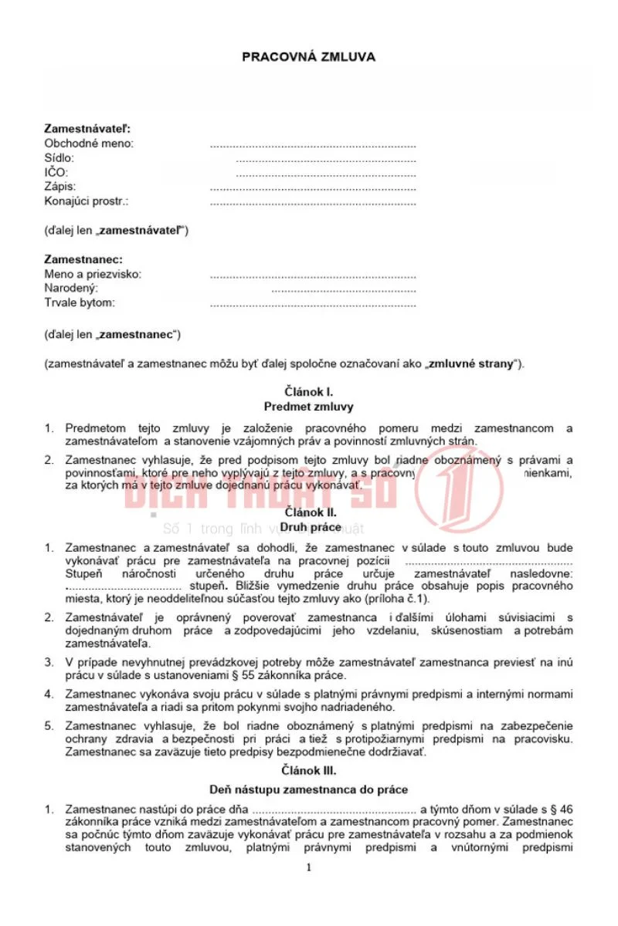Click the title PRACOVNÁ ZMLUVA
[x=308, y=56]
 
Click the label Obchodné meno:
[x=89, y=143]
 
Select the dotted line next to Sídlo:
[x=325, y=158]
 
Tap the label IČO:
[x=56, y=172]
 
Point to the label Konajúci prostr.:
[x=87, y=201]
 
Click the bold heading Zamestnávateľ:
[x=87, y=128]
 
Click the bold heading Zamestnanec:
[x=83, y=259]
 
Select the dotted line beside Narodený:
[x=344, y=289]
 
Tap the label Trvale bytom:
[x=80, y=302]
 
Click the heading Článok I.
[x=308, y=392]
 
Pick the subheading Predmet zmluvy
[x=308, y=407]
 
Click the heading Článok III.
[x=308, y=770]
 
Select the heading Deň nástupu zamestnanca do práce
[x=308, y=789]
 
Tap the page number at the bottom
[x=308, y=867]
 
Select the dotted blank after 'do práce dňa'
[x=334, y=809]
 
